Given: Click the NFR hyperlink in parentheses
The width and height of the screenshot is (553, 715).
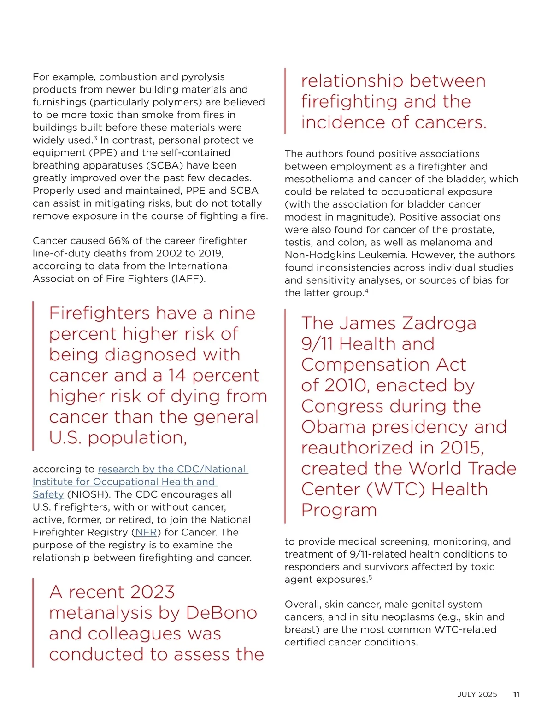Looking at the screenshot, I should [146, 533].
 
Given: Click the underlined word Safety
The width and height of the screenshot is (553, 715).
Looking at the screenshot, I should [48, 494].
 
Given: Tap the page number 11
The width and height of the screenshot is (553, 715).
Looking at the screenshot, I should [516, 694].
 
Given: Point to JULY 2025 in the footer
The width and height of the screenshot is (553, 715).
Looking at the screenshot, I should [477, 694].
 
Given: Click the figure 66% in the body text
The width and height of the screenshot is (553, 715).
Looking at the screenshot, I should [118, 241].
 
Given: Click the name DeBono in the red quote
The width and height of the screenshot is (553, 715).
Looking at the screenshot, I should [221, 613].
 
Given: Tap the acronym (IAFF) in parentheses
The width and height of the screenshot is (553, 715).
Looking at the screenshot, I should [188, 279].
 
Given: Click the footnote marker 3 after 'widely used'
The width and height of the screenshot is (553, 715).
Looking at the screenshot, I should [95, 138].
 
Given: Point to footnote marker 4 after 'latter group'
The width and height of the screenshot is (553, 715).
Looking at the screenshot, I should [366, 291].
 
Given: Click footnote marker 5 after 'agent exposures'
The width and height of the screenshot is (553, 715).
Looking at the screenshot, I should [370, 577].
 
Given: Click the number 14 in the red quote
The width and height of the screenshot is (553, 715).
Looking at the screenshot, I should [177, 376].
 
